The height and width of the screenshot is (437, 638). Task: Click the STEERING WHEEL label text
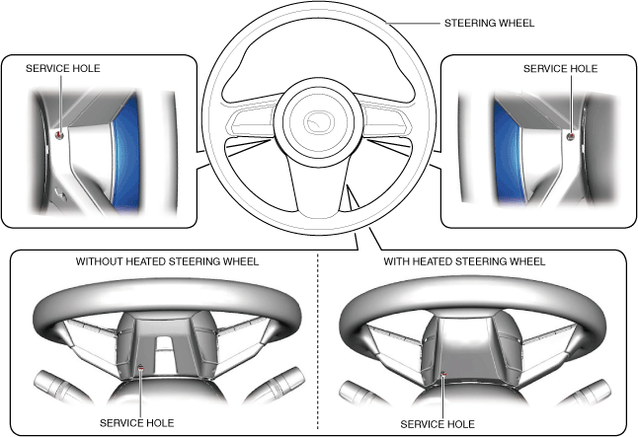(489, 23)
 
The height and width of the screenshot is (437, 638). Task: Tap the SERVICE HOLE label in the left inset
(62, 68)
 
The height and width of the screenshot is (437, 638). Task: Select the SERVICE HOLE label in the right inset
(560, 69)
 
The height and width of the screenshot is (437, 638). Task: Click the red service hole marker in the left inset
(59, 135)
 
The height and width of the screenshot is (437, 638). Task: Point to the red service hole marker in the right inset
(571, 136)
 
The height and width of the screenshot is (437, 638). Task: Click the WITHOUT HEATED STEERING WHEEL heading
(167, 261)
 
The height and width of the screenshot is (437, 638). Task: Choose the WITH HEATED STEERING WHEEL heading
(464, 261)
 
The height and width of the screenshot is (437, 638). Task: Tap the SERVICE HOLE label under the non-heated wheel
(136, 423)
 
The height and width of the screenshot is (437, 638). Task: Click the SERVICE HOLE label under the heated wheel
(438, 424)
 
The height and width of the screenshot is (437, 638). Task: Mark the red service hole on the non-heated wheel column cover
(141, 368)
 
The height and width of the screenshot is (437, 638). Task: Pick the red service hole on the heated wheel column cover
(444, 374)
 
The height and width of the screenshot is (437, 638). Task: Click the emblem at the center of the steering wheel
(319, 121)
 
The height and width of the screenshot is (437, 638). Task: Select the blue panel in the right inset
(508, 154)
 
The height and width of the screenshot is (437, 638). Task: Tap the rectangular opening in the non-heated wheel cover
(165, 353)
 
